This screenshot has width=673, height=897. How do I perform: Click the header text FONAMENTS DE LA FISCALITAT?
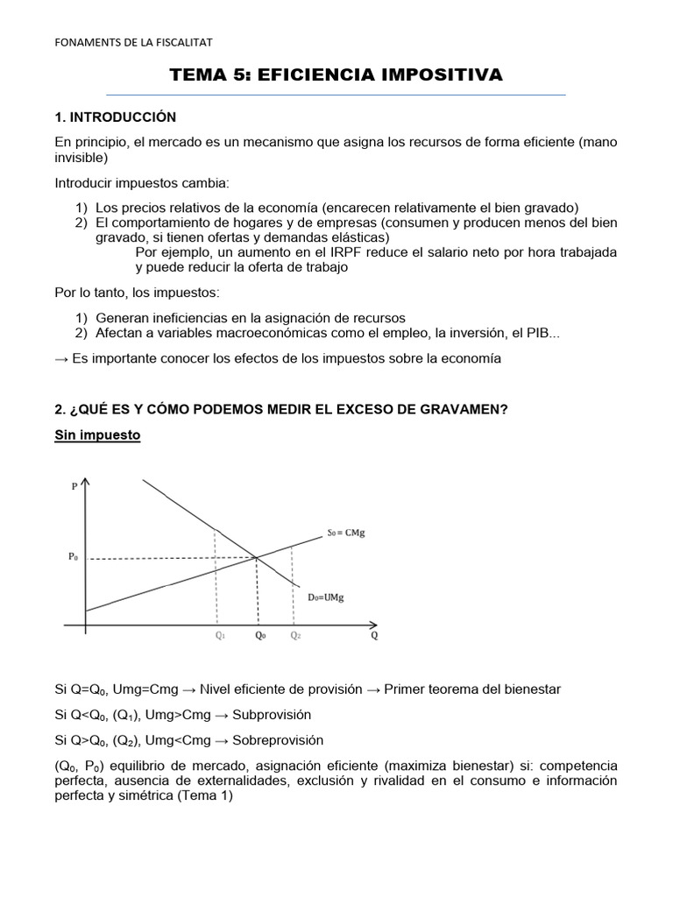(132, 41)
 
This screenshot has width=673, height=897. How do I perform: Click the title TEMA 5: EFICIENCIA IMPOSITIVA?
(336, 75)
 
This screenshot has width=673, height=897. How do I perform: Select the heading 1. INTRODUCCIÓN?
(115, 117)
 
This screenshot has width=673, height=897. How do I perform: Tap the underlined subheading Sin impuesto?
(97, 434)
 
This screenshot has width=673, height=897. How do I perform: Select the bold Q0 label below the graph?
(260, 637)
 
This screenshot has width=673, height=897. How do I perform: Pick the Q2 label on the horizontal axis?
(295, 637)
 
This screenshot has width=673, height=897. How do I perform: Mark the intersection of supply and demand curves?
(256, 556)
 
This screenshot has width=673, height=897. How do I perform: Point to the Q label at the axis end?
(374, 636)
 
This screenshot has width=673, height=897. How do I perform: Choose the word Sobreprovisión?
(279, 739)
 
